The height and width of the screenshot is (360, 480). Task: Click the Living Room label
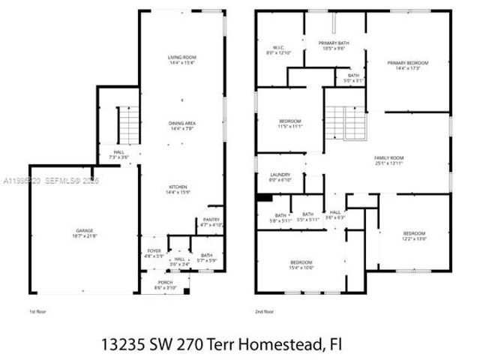tap(181, 61)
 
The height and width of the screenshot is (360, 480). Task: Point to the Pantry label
tap(211, 221)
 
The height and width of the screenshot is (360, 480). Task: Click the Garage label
tap(84, 232)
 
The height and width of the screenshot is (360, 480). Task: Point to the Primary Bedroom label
tap(408, 65)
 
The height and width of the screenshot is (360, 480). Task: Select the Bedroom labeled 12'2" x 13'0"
tap(414, 236)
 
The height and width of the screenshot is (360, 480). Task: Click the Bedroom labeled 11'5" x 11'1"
tap(290, 124)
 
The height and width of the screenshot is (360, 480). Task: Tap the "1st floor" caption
tap(37, 310)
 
